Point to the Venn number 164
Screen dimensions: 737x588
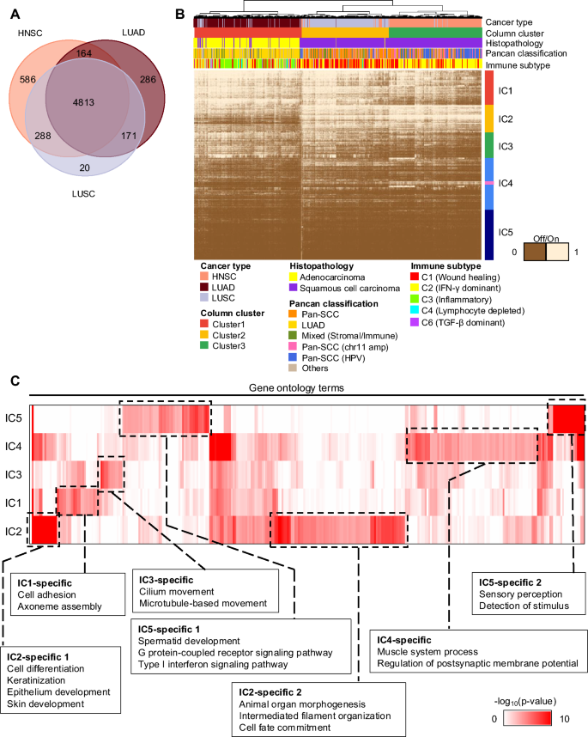click(84, 53)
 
